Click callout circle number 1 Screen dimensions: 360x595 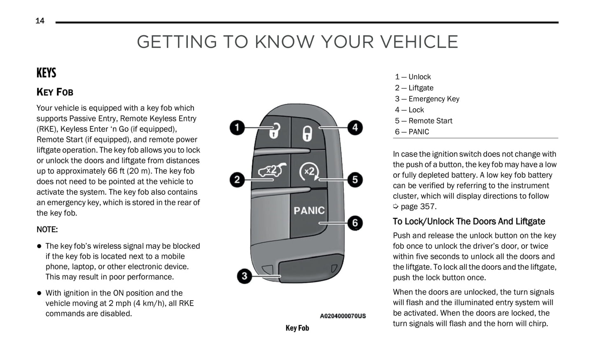(x=237, y=127)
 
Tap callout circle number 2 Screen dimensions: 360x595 (x=237, y=180)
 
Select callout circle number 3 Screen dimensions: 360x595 (x=245, y=276)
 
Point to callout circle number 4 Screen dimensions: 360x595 (x=355, y=127)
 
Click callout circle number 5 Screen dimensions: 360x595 (x=355, y=180)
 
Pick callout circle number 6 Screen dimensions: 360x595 (x=355, y=223)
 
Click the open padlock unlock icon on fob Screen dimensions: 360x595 (x=274, y=131)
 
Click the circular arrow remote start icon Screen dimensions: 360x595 (x=309, y=172)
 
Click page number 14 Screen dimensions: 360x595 (x=40, y=21)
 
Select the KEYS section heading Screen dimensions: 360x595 (x=46, y=73)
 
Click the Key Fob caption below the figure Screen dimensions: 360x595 (x=297, y=328)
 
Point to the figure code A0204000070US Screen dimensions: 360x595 (x=343, y=316)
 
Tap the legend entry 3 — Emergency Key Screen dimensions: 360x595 (x=427, y=99)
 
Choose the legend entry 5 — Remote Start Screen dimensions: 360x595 (x=423, y=121)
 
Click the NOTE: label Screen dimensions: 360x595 (x=47, y=229)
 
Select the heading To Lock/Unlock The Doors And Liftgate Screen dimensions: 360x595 (x=469, y=222)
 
